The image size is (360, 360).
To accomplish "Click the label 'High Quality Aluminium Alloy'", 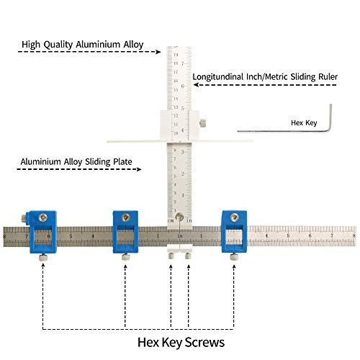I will point(83,44).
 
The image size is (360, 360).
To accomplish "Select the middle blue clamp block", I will point(127,231).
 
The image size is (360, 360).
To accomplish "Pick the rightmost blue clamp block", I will point(234,231).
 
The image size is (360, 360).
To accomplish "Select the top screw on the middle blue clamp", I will point(127,217).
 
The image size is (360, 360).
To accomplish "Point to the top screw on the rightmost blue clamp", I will point(234,217).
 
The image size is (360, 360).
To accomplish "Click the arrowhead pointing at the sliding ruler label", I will point(195,84).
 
